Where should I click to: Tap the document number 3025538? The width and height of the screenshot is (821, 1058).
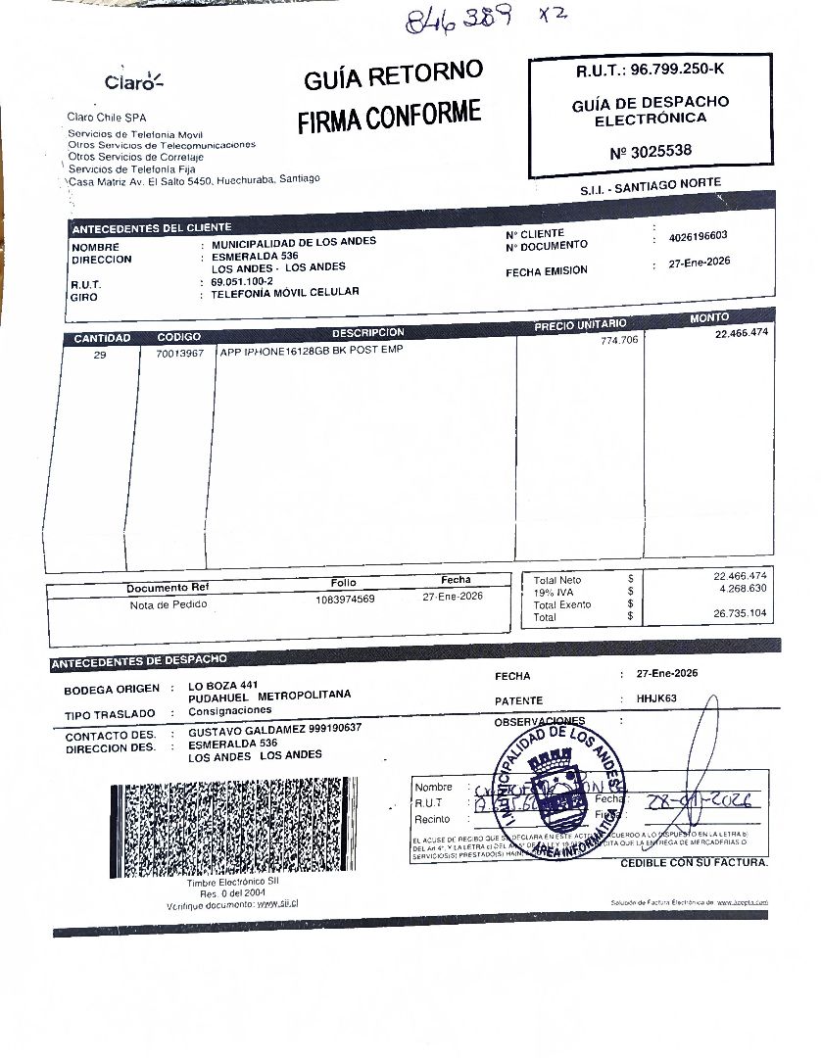coord(651,151)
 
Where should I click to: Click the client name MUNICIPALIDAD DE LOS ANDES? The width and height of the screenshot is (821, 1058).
coord(294,242)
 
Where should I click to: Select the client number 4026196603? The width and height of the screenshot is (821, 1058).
coord(698,237)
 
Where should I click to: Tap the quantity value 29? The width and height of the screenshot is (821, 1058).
coord(100,355)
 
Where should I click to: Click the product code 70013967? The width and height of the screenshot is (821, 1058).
coord(179,353)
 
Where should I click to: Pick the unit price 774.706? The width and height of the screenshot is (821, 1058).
coord(619,340)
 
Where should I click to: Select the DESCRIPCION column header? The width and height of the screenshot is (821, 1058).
coord(367,332)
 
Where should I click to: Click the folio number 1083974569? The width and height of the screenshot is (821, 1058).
coord(345,599)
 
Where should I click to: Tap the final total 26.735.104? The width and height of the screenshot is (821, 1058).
coord(742,613)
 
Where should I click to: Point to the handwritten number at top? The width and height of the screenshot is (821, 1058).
coord(460,19)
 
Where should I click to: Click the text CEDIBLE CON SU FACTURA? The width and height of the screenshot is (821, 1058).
coord(694,863)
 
